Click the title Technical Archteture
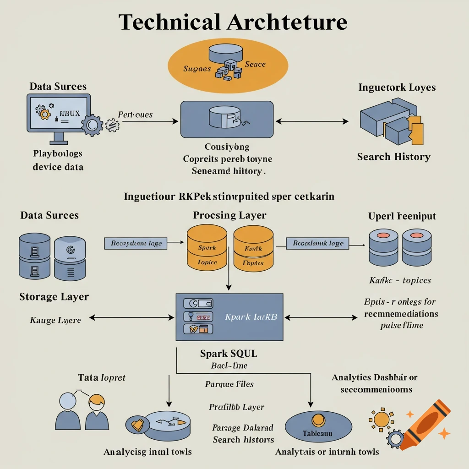(x=233, y=22)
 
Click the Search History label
(x=393, y=157)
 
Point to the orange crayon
(x=424, y=424)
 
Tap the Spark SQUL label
(x=229, y=354)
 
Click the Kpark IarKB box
(x=229, y=317)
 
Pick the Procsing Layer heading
(x=229, y=215)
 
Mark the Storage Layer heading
(x=54, y=297)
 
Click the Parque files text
(x=229, y=384)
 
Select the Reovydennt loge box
(x=136, y=244)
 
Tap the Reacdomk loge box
(x=317, y=244)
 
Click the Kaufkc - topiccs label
(x=400, y=280)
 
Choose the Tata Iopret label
(x=102, y=378)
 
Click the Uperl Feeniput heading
(x=402, y=216)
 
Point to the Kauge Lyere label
(x=55, y=320)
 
